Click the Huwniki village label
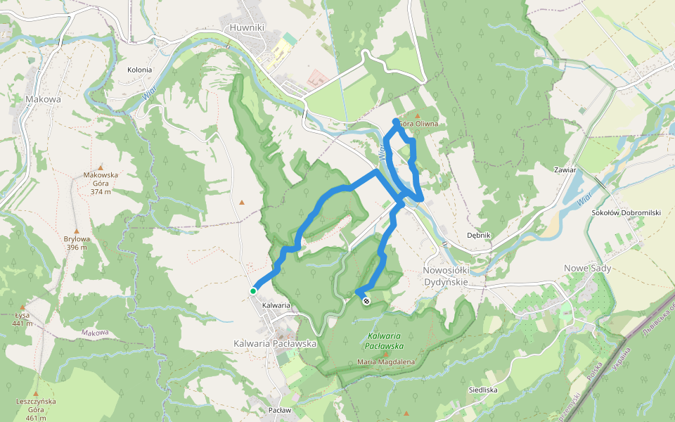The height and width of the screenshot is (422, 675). [247, 27]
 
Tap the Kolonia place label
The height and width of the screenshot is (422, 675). [139, 70]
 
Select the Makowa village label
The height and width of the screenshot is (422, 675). [43, 99]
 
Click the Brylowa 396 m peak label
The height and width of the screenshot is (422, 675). [78, 243]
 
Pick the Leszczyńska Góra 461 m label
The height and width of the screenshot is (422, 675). [35, 409]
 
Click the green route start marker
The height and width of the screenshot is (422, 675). [252, 290]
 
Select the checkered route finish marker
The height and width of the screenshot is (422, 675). [366, 301]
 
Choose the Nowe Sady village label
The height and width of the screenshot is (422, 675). [588, 268]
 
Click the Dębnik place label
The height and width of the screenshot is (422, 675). [478, 235]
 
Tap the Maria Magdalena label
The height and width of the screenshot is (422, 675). [385, 362]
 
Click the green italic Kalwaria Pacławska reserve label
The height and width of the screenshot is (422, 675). [384, 341]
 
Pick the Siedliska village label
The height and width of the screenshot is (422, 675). [483, 389]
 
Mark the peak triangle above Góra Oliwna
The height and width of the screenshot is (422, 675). [417, 115]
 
